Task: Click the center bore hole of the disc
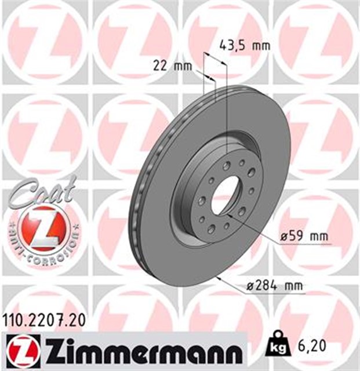click(226, 194)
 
